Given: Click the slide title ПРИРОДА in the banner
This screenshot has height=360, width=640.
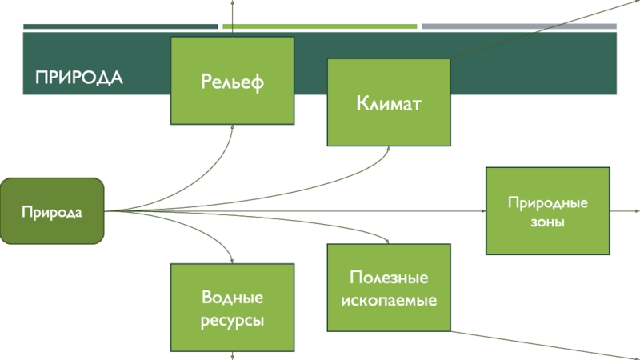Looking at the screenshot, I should (x=78, y=78).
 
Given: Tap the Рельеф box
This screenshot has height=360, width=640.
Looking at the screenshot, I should (x=232, y=80).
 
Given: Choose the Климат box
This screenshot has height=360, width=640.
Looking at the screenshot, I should (x=389, y=102).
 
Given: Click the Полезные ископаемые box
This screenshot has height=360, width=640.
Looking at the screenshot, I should (x=389, y=288).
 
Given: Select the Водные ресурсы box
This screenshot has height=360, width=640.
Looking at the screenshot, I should (x=232, y=309).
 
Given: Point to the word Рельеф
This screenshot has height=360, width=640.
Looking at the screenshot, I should (x=232, y=80).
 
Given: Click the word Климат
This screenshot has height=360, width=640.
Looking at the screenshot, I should (x=389, y=103).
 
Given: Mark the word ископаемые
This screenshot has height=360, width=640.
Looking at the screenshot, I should (x=389, y=301).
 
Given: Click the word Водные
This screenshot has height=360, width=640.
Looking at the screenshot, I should (x=232, y=298).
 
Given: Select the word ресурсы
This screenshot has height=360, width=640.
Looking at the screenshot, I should (x=232, y=320).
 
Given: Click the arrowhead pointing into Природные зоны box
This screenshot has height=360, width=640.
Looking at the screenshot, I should (x=483, y=211).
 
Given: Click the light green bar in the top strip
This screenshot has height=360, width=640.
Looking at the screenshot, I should (x=320, y=26).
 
